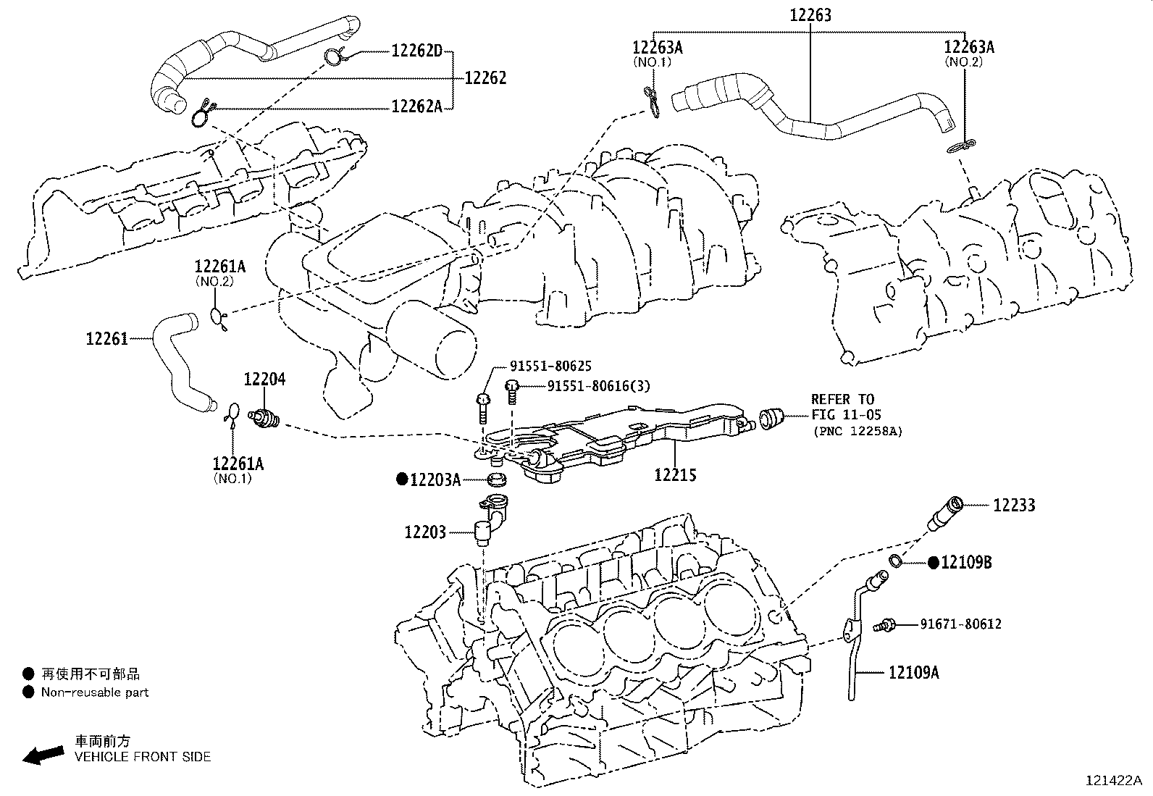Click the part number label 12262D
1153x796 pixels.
[x=417, y=51]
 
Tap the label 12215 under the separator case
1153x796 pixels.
[x=675, y=475]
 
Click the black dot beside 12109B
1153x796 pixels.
[x=934, y=562]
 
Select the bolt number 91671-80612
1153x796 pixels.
[x=961, y=624]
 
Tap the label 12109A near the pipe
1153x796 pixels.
[x=914, y=673]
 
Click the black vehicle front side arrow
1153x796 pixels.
[x=42, y=755]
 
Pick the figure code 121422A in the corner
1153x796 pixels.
[x=1113, y=781]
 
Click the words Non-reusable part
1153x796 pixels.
[x=95, y=692]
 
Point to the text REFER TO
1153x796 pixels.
[x=842, y=399]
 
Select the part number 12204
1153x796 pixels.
[x=264, y=379]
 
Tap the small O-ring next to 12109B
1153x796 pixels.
[x=895, y=560]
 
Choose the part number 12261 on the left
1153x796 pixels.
[x=106, y=338]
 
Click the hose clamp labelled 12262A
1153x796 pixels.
[x=203, y=113]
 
